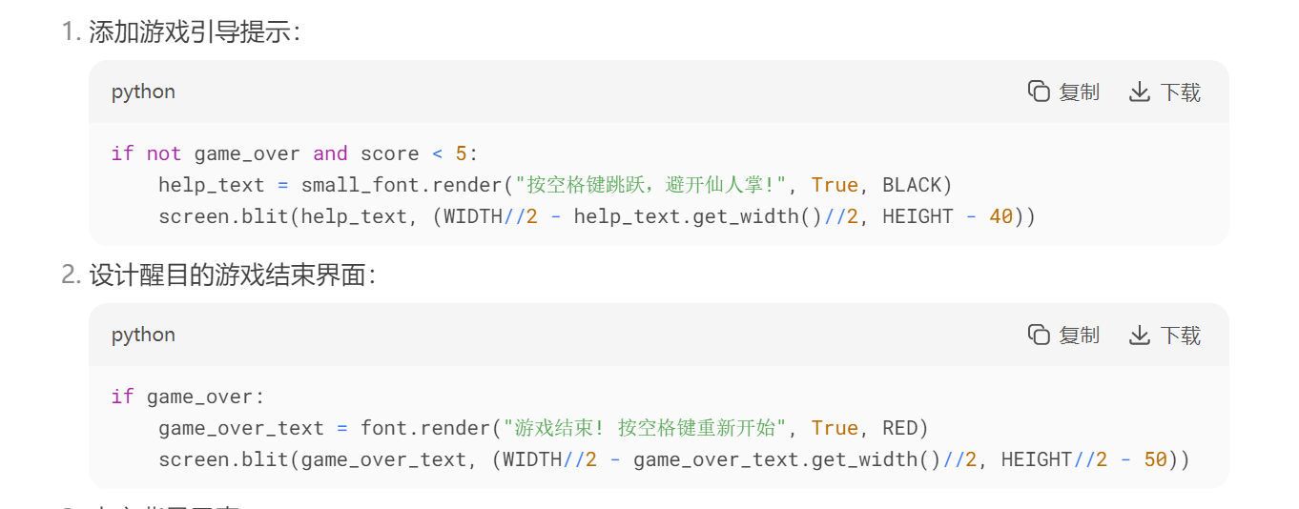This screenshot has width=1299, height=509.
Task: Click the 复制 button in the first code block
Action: (x=1063, y=92)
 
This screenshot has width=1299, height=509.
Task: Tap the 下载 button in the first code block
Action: (x=1165, y=92)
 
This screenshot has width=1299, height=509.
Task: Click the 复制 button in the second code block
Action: (x=1063, y=335)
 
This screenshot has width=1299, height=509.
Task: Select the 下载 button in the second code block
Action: (x=1165, y=335)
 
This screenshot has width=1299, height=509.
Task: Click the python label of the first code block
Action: (x=143, y=92)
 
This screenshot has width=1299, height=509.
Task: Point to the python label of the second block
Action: (x=143, y=335)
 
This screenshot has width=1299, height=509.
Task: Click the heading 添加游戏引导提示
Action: (x=195, y=32)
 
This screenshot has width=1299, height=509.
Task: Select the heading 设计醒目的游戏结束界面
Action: (x=233, y=275)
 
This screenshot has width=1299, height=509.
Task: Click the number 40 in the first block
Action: (x=1000, y=216)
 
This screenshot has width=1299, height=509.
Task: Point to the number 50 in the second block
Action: (x=1155, y=459)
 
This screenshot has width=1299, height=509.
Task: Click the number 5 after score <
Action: (x=462, y=153)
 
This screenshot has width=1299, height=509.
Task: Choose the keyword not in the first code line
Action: (x=163, y=153)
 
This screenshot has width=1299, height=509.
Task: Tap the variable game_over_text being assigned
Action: (x=241, y=428)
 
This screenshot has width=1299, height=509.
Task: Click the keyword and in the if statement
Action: (x=330, y=153)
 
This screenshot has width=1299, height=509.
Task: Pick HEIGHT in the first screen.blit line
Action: (x=918, y=216)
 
